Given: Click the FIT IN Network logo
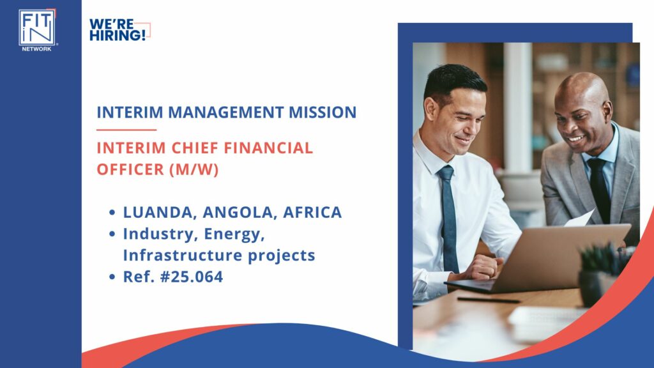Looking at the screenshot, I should [x=37, y=29].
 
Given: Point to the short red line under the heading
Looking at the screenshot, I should [x=126, y=130].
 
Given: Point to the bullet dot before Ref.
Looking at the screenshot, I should [x=112, y=278].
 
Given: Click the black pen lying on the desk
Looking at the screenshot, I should [x=489, y=299].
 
